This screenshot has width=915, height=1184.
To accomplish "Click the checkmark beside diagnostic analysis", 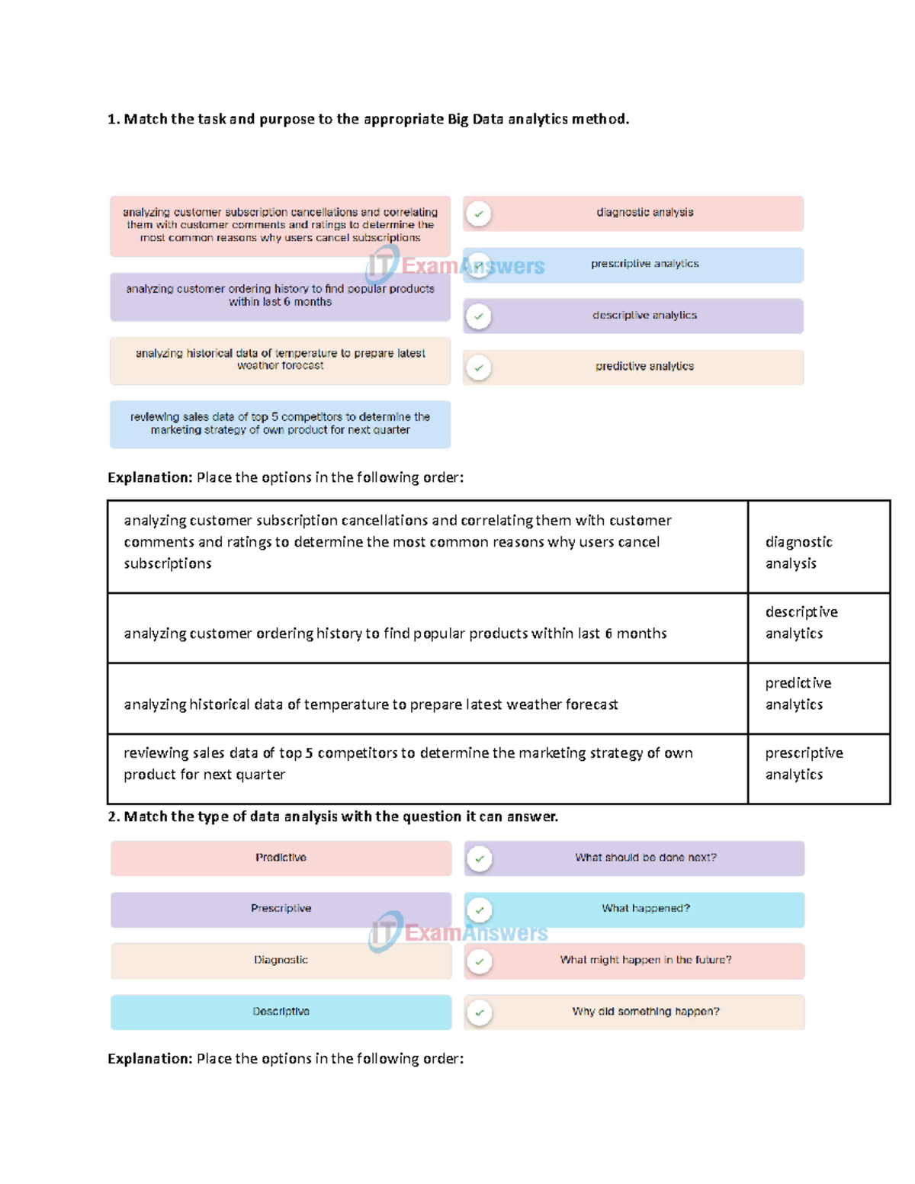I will (479, 214).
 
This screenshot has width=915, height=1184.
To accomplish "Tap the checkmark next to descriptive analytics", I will (479, 316).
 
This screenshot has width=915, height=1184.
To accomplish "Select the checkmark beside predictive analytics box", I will (479, 368).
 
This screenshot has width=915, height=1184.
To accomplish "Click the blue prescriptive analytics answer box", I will (644, 265).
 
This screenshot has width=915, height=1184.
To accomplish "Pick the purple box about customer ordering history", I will (280, 296).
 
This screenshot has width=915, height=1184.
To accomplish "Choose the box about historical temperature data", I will (280, 360).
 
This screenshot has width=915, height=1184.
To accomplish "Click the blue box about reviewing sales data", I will (280, 424).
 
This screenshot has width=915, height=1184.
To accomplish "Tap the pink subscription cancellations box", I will (280, 226).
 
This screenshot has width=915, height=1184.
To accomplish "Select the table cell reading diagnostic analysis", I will (818, 547).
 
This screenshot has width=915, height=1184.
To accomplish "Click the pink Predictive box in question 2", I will (281, 858).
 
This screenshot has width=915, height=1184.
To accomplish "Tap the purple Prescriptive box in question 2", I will (281, 910).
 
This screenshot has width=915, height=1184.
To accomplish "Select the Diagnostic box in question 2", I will (281, 961).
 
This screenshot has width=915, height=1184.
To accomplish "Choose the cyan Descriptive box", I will (281, 1012).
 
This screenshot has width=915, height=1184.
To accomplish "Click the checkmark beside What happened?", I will (480, 910).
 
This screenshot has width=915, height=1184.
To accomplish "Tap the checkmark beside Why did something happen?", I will (480, 1013).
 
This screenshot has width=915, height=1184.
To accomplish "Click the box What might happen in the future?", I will (645, 961).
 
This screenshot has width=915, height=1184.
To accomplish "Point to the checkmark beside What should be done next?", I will (480, 859).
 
